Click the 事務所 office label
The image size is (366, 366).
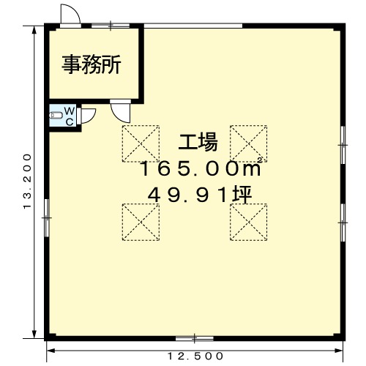pyautogui.click(x=91, y=64)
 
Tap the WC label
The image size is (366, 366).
pyautogui.click(x=70, y=116)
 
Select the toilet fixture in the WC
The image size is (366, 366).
pyautogui.click(x=54, y=115)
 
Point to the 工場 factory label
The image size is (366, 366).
pyautogui.click(x=198, y=143)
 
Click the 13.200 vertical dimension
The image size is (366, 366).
pyautogui.click(x=28, y=181)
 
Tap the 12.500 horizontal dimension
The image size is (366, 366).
pyautogui.click(x=195, y=356)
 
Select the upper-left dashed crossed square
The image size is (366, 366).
pyautogui.click(x=141, y=143)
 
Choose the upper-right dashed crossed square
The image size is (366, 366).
pyautogui.click(x=248, y=143)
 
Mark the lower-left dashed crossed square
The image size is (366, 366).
pyautogui.click(x=141, y=223)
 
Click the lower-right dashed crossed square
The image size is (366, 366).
pyautogui.click(x=248, y=223)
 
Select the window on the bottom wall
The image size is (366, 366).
pyautogui.click(x=195, y=338)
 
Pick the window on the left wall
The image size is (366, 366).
pyautogui.click(x=47, y=218)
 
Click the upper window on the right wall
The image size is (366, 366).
pyautogui.click(x=343, y=145)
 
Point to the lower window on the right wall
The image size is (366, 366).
pyautogui.click(x=343, y=223)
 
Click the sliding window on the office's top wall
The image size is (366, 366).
pyautogui.click(x=111, y=25)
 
